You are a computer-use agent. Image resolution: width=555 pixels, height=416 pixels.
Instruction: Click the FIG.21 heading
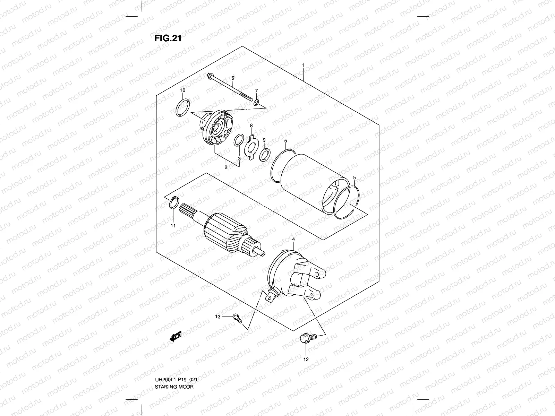tap(168, 38)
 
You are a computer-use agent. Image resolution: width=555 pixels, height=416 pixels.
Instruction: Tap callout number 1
tap(303, 65)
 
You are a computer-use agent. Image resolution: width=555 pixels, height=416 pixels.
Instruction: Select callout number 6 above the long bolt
tap(233, 78)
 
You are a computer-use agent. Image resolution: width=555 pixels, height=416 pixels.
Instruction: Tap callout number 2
tap(226, 167)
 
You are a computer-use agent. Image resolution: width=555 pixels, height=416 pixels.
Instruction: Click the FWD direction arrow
tap(176, 336)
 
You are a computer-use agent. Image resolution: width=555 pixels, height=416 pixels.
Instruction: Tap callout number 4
tap(293, 239)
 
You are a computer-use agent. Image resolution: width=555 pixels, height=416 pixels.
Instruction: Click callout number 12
tap(306, 359)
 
